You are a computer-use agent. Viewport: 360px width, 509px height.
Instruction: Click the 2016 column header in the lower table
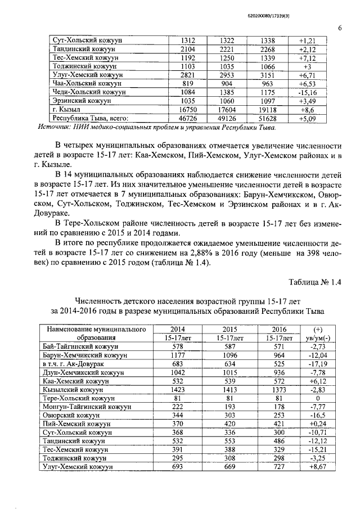(x=279, y=329)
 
